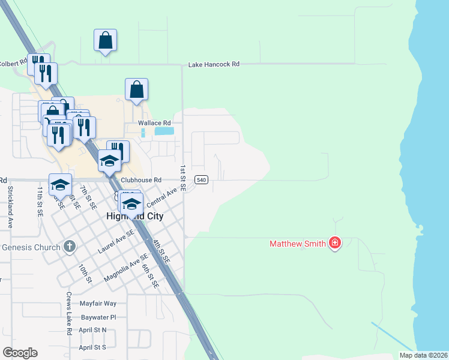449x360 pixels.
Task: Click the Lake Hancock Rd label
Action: pyautogui.click(x=214, y=64)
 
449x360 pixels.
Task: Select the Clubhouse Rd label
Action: pyautogui.click(x=141, y=180)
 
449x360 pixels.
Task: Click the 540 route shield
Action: pyautogui.click(x=202, y=180)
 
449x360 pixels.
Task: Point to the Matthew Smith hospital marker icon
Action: pyautogui.click(x=335, y=244)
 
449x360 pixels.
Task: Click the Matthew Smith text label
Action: pyautogui.click(x=298, y=244)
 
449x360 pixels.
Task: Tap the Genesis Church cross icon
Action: pyautogui.click(x=70, y=247)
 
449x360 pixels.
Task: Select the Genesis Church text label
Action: pyautogui.click(x=31, y=247)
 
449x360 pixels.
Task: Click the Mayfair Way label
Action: pyautogui.click(x=98, y=304)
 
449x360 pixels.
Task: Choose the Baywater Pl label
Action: pyautogui.click(x=97, y=317)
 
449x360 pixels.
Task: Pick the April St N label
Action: pyautogui.click(x=92, y=330)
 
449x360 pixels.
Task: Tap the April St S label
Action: pyautogui.click(x=92, y=347)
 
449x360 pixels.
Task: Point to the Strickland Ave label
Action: pyautogui.click(x=10, y=207)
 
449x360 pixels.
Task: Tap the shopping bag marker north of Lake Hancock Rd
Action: pyautogui.click(x=105, y=41)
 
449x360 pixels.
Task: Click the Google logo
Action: pyautogui.click(x=20, y=353)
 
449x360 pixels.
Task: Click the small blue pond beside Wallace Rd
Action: pyautogui.click(x=164, y=130)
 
